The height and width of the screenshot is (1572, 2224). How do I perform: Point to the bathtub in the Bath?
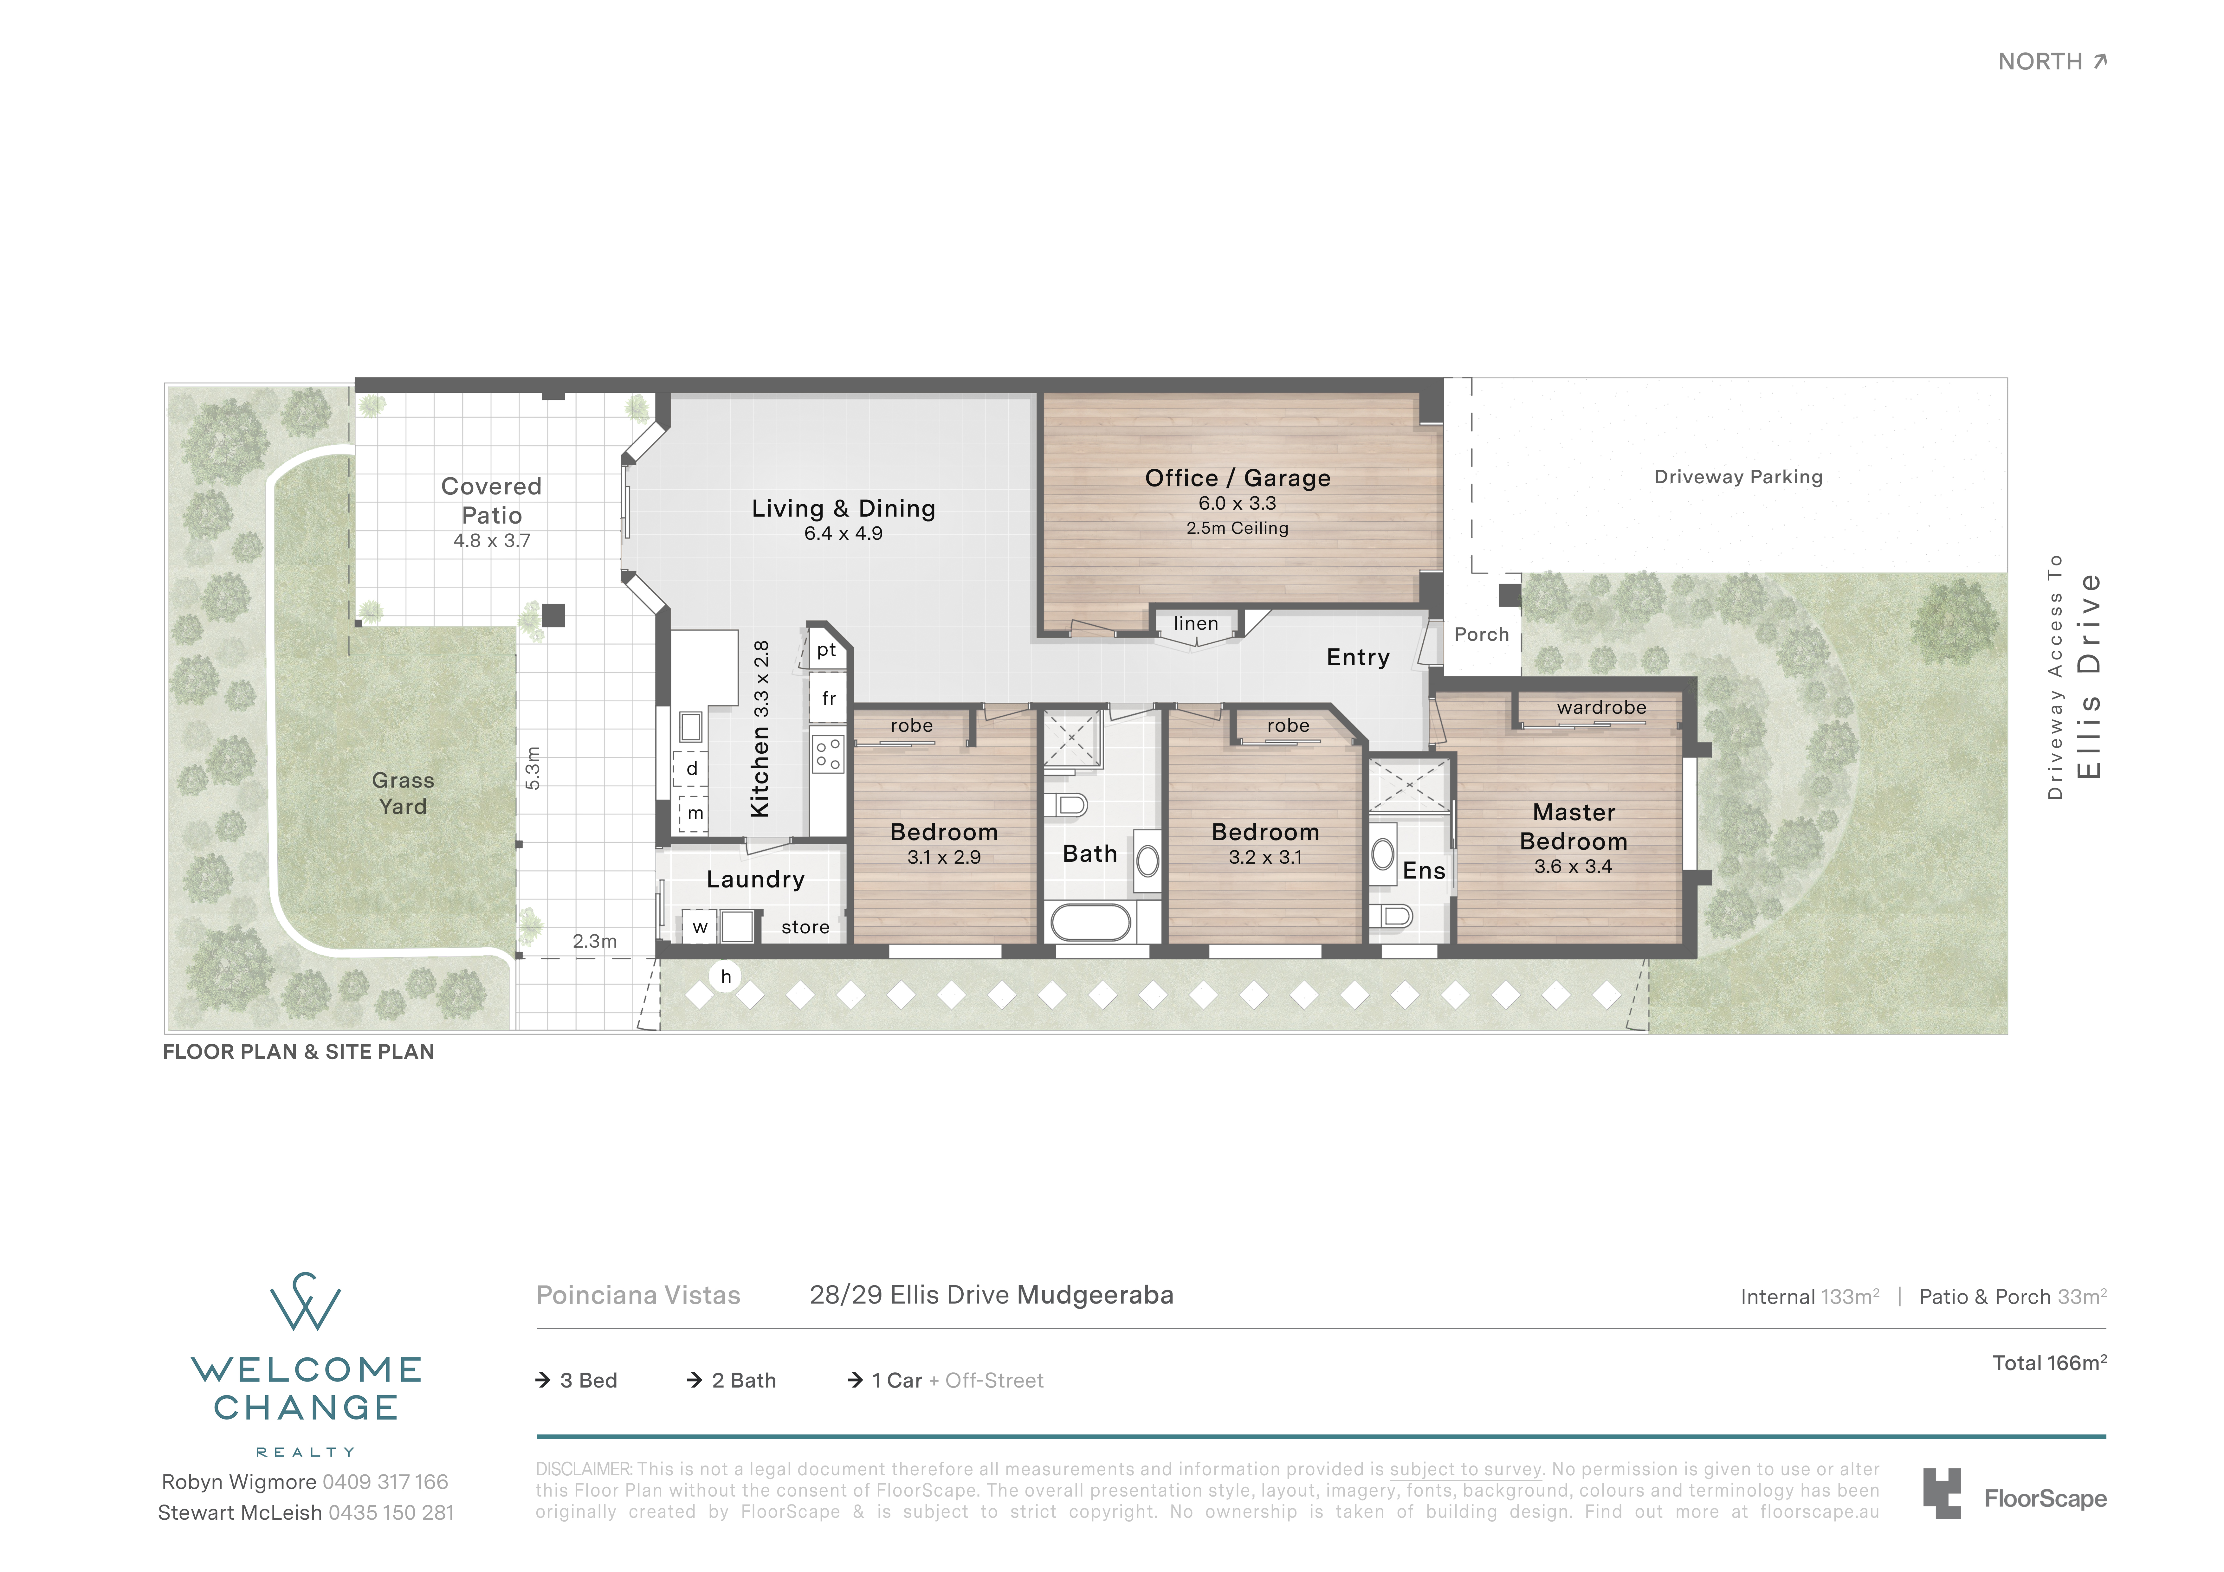pyautogui.click(x=1091, y=922)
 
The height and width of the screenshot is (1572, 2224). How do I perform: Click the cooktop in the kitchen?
pyautogui.click(x=828, y=754)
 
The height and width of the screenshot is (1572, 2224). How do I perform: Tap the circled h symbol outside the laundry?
pyautogui.click(x=726, y=976)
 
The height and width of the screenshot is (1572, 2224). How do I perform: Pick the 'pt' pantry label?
pyautogui.click(x=826, y=650)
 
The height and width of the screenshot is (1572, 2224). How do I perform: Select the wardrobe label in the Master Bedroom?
pyautogui.click(x=1601, y=707)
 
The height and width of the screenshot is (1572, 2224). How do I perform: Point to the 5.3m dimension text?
pyautogui.click(x=532, y=768)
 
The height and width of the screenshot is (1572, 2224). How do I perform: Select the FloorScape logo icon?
pyautogui.click(x=1942, y=1492)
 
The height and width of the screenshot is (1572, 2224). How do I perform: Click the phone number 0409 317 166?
pyautogui.click(x=385, y=1482)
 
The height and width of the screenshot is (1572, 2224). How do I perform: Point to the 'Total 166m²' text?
pyautogui.click(x=2050, y=1363)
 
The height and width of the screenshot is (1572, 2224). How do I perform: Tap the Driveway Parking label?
pyautogui.click(x=1738, y=477)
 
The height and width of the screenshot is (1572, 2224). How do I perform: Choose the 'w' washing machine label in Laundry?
pyautogui.click(x=699, y=927)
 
